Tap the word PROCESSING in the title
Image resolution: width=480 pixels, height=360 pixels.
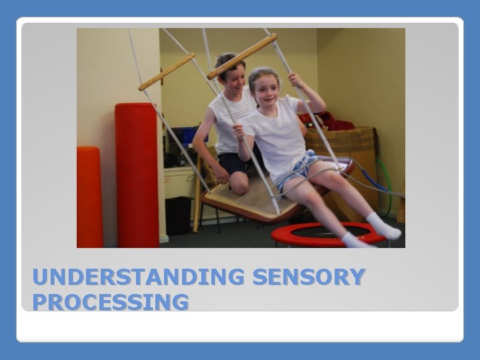click(111, 302)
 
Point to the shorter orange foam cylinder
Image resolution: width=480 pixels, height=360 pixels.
click(89, 197)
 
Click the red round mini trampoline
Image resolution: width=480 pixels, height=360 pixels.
click(327, 233)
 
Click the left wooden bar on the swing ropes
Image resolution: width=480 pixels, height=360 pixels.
click(167, 72)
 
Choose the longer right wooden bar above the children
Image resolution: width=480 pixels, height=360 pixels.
click(241, 56)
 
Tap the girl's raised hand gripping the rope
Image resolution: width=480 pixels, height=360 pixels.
click(295, 81)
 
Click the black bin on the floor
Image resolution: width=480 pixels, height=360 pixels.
click(178, 215)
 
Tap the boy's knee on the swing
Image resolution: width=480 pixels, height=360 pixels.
click(240, 187)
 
